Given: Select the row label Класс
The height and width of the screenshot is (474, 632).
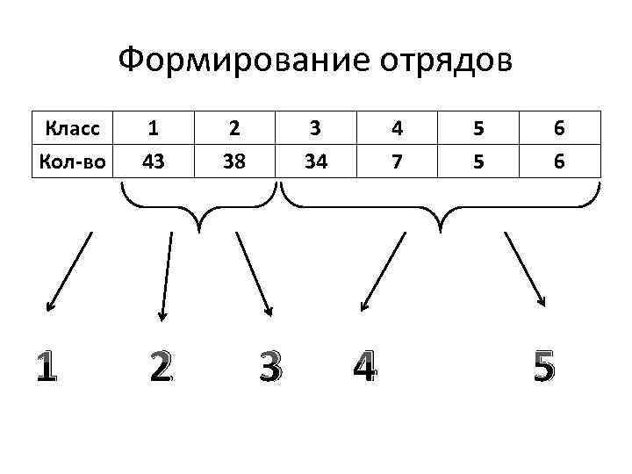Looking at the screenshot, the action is pyautogui.click(x=74, y=129).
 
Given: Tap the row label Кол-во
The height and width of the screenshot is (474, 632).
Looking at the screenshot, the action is pyautogui.click(x=74, y=161).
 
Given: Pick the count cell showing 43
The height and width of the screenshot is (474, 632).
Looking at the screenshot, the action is pyautogui.click(x=154, y=161).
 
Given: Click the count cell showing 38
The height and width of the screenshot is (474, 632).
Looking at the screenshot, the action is pyautogui.click(x=233, y=161).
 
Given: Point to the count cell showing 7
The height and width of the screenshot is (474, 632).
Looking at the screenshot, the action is pyautogui.click(x=398, y=161).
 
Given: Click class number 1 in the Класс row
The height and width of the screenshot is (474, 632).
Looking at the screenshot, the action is pyautogui.click(x=154, y=129).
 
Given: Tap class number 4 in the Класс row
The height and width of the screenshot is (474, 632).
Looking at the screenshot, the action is pyautogui.click(x=398, y=129).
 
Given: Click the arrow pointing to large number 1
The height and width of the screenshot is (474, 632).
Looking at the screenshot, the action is pyautogui.click(x=68, y=271).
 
